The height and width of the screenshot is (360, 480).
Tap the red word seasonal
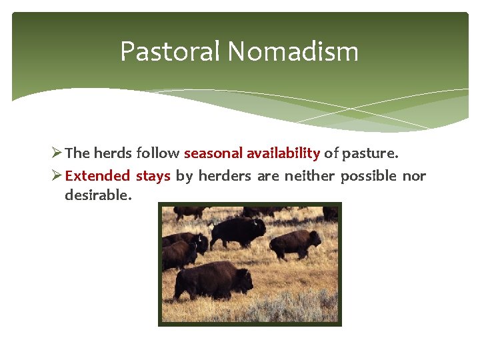click(x=213, y=153)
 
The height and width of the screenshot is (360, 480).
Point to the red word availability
click(x=283, y=153)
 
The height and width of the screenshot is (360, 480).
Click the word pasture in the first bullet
click(x=369, y=153)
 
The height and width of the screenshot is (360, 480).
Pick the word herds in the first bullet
click(x=113, y=153)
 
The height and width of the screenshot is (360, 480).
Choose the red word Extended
click(x=97, y=176)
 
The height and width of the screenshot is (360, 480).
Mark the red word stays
click(x=153, y=176)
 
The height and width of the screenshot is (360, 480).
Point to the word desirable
click(x=98, y=195)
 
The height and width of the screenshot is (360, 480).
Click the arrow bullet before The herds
click(x=56, y=153)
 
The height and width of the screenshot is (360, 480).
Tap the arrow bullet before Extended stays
click(x=56, y=176)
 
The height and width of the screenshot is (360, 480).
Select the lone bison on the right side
click(x=295, y=244)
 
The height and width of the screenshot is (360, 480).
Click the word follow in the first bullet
click(x=157, y=153)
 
